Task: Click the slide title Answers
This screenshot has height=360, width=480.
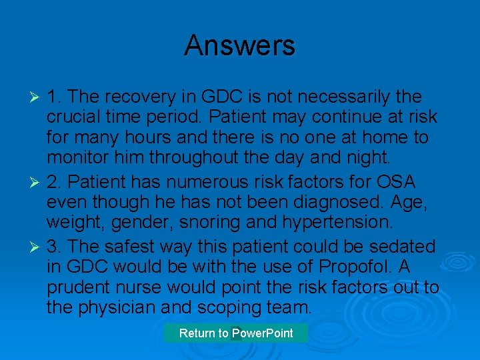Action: click(239, 45)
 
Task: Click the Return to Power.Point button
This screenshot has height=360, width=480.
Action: click(236, 333)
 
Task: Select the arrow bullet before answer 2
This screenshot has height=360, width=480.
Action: click(37, 181)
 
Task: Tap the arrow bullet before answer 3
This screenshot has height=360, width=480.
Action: click(37, 247)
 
